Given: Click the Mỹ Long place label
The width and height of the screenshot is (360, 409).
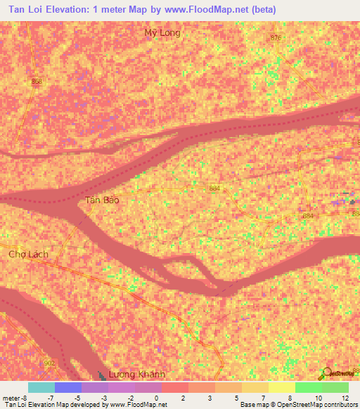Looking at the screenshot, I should (x=162, y=33).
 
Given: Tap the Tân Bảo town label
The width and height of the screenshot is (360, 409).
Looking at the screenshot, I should (x=102, y=200).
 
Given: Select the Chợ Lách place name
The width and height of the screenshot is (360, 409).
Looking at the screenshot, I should (x=26, y=254).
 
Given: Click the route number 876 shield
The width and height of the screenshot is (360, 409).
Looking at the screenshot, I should (x=275, y=38).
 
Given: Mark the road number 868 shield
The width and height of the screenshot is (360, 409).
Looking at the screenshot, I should (x=37, y=82).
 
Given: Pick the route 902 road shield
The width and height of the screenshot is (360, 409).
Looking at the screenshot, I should (x=49, y=363).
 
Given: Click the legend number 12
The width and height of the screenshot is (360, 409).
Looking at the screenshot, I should (x=345, y=397).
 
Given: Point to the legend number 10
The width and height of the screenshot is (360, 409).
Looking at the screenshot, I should (x=318, y=397).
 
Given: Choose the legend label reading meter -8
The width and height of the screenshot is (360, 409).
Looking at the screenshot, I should (x=14, y=397).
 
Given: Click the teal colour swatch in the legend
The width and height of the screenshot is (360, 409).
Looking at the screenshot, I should (x=41, y=387).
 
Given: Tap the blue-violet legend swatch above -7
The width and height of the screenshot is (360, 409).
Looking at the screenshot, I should (x=67, y=387).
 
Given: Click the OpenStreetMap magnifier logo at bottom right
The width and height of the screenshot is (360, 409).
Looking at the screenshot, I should (x=327, y=373).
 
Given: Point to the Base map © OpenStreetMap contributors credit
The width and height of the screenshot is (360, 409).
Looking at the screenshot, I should (x=297, y=405).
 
